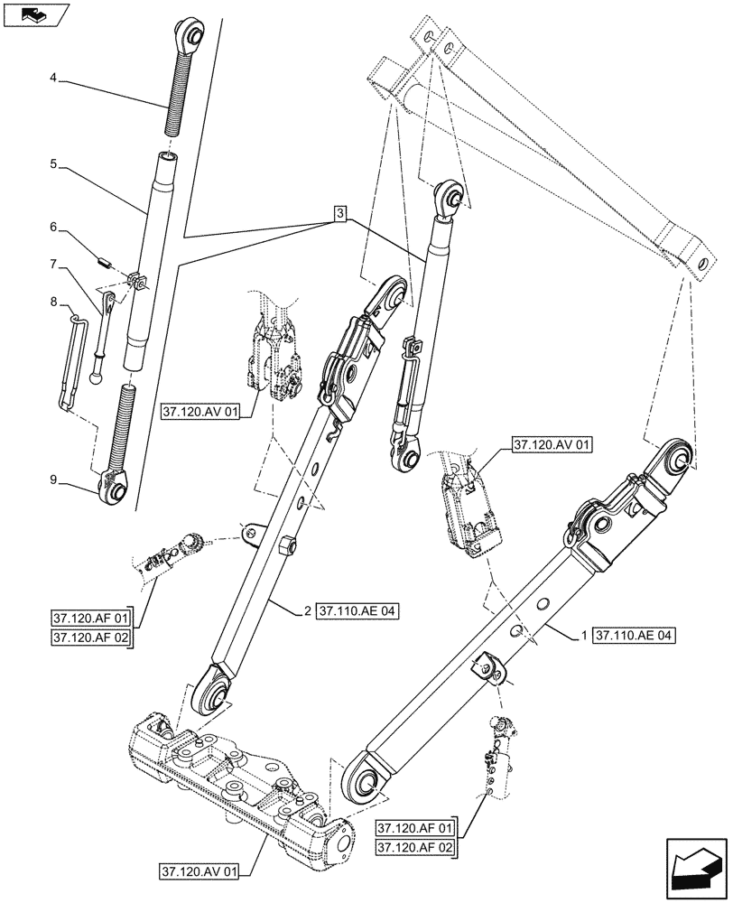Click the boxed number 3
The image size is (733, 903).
339,214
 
